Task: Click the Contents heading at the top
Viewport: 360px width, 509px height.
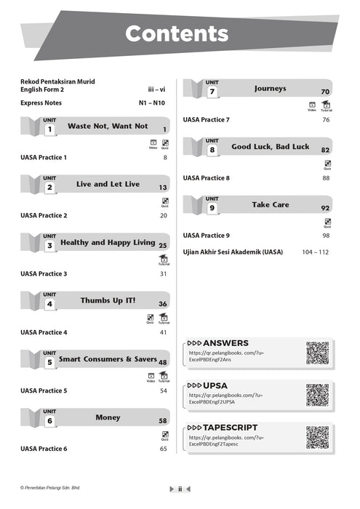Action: pos(176,33)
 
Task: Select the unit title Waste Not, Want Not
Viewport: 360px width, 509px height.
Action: pos(108,127)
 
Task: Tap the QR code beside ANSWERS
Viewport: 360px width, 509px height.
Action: pos(317,352)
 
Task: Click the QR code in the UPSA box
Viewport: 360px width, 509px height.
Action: pos(317,395)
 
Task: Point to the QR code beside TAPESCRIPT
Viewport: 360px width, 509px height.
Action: pos(317,437)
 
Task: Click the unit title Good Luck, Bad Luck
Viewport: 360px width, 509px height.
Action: pos(270,147)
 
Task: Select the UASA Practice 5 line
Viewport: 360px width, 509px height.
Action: pos(44,390)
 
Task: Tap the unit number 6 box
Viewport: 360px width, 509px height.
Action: pos(49,421)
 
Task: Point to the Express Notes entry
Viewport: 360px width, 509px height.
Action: pos(41,103)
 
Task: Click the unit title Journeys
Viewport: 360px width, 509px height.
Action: pos(270,89)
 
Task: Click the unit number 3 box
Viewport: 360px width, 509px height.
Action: pos(49,246)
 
